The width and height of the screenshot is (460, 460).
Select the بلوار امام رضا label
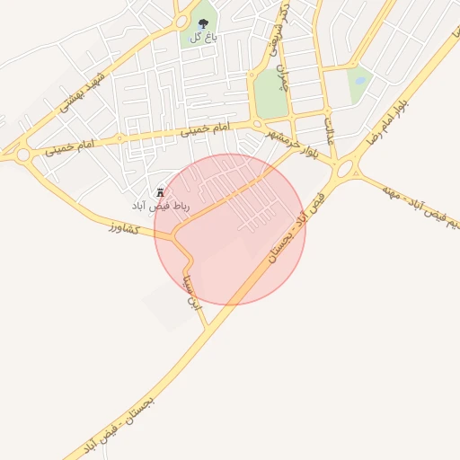pyautogui.click(x=389, y=121)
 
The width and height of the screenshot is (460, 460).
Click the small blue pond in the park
pyautogui.click(x=360, y=78)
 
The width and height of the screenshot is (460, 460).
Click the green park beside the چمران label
pyautogui.click(x=270, y=93)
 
